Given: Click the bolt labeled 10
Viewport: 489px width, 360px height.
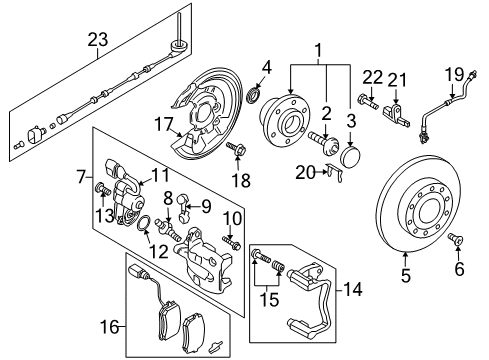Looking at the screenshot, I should (231, 241).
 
